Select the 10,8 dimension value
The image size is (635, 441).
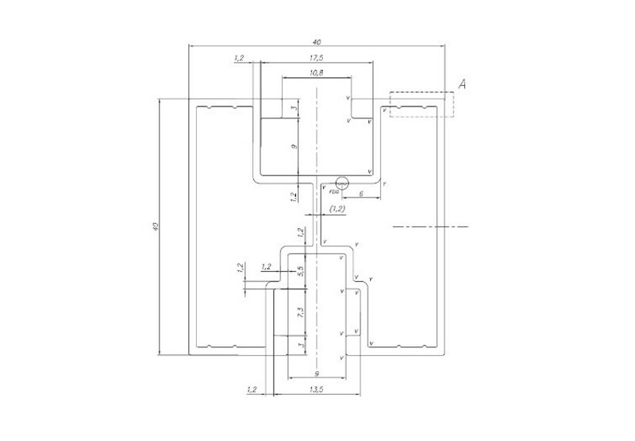click(315, 72)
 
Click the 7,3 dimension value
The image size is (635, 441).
click(301, 313)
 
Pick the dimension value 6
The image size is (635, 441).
click(361, 193)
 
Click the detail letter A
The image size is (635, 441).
click(463, 84)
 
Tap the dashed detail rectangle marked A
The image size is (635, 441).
click(421, 105)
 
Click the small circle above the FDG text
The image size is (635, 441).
click(343, 182)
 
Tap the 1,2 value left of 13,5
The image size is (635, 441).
click(252, 389)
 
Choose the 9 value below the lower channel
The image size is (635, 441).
click(316, 373)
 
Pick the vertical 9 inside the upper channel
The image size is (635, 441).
click(294, 147)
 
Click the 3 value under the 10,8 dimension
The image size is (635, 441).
click(294, 109)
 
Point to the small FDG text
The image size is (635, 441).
click(334, 192)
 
